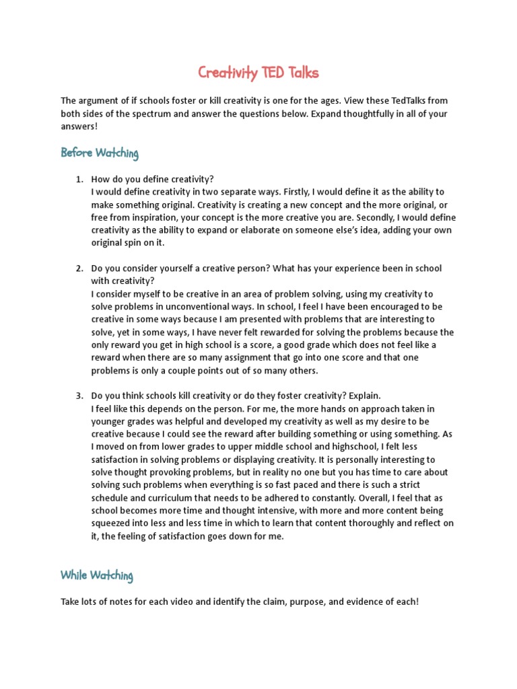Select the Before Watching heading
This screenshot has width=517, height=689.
(x=100, y=153)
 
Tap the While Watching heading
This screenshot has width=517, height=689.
(x=97, y=575)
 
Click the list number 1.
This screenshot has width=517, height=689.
(x=78, y=179)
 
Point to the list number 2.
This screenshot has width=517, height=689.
(x=78, y=268)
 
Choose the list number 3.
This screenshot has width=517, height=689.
(x=78, y=396)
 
